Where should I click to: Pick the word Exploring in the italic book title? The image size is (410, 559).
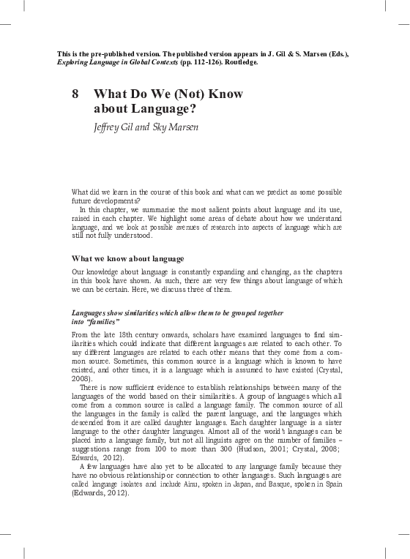tap(74, 62)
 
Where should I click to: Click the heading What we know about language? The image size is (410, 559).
tap(127, 259)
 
